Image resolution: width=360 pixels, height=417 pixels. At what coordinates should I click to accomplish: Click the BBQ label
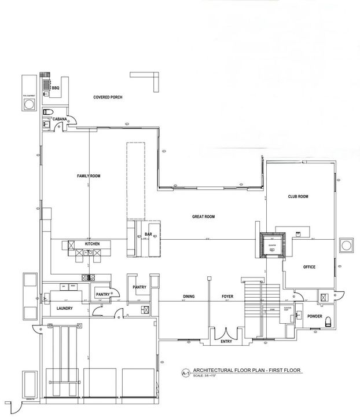tap(56, 87)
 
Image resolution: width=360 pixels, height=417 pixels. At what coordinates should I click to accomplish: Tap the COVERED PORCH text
tap(108, 97)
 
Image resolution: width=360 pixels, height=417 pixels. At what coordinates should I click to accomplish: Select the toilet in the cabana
tap(48, 111)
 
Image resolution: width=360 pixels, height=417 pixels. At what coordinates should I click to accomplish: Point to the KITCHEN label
tap(93, 244)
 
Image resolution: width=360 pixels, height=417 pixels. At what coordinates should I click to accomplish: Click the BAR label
tap(148, 235)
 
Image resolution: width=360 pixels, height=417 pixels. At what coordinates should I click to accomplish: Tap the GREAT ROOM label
tap(204, 217)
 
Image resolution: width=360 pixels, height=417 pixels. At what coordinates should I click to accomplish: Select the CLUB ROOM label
tap(298, 197)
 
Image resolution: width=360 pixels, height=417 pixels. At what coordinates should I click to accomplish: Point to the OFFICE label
tap(309, 267)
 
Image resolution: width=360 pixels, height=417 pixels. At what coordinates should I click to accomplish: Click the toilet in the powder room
tap(328, 321)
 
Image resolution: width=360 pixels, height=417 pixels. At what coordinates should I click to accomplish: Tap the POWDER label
tap(315, 316)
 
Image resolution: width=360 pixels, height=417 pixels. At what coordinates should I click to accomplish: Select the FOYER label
tap(227, 297)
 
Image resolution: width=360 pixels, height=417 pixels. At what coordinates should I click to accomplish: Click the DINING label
tap(189, 297)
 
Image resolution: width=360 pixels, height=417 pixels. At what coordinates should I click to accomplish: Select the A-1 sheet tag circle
tap(186, 373)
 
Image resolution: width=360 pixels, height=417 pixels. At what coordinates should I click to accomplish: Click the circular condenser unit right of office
tap(347, 244)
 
